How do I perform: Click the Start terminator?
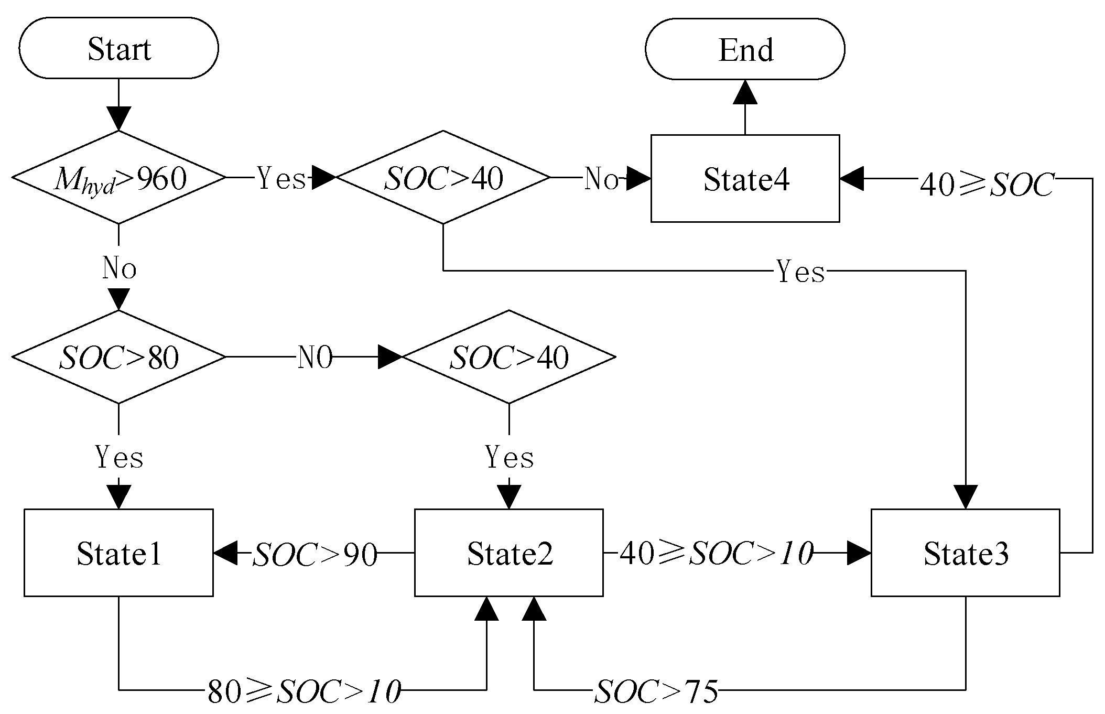point(118,48)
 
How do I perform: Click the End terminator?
point(745,49)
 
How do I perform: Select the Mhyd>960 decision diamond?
point(119,178)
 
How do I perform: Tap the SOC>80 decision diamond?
point(119,358)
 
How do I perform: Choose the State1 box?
point(118,553)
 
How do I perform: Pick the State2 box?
point(508,553)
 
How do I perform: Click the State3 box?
point(965,553)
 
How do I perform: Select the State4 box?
point(745,179)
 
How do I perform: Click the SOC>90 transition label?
point(315,554)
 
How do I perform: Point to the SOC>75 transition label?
point(656,691)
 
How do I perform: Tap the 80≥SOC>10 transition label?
point(304,691)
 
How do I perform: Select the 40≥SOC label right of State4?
point(987,185)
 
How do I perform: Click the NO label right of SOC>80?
point(315,358)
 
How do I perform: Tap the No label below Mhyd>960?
point(120,268)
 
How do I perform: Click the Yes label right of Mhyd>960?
point(281,179)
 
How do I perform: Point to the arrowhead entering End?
point(745,92)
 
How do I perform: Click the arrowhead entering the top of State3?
point(965,497)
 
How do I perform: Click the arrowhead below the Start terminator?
point(118,118)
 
